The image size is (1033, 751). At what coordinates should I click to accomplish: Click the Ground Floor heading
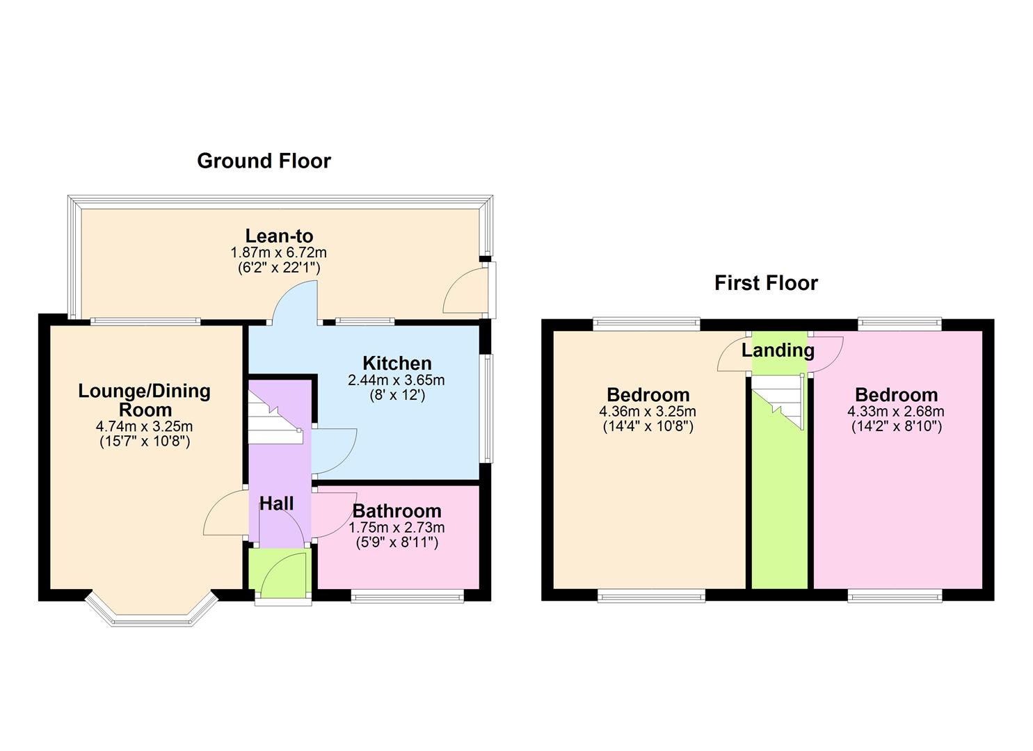click(264, 161)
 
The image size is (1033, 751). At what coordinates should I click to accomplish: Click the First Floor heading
click(766, 283)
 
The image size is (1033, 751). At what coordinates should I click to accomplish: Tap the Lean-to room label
click(279, 236)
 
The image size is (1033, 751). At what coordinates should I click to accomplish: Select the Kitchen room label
click(397, 363)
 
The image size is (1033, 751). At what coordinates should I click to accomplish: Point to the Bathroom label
click(397, 511)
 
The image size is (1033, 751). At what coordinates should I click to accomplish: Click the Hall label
click(276, 503)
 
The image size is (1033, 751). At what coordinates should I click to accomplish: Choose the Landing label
click(778, 350)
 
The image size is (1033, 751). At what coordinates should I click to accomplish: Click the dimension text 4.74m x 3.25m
click(145, 426)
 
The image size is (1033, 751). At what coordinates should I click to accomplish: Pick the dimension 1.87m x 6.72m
click(279, 252)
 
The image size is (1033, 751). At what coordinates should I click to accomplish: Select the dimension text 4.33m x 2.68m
click(896, 412)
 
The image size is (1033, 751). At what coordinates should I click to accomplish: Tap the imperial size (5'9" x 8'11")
click(397, 542)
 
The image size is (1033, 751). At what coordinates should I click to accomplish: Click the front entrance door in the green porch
click(282, 576)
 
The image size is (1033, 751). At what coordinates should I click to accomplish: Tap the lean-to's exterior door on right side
click(465, 292)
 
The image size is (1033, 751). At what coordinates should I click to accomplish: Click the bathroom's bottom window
click(406, 595)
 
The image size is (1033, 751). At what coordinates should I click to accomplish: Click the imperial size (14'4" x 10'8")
click(648, 426)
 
